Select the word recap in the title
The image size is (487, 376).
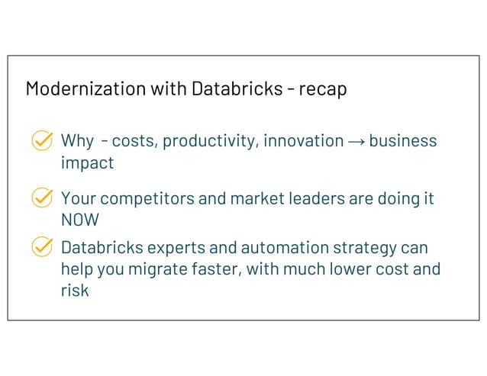tap(322, 88)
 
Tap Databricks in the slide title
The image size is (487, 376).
tap(234, 88)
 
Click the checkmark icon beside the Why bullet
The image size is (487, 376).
tap(42, 141)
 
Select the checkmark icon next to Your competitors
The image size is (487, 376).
tap(42, 199)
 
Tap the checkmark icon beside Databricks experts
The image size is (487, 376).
tap(42, 248)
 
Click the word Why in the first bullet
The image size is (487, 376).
tap(76, 141)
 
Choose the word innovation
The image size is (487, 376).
tap(303, 141)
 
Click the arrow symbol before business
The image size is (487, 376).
tap(356, 141)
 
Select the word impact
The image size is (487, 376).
tap(87, 163)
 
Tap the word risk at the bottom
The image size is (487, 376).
tap(74, 291)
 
